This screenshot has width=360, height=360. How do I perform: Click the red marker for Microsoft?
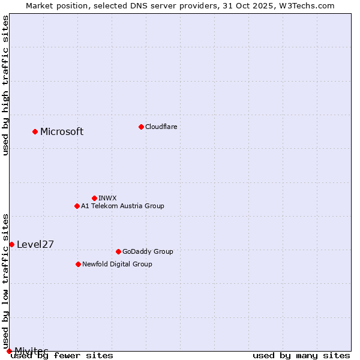[x=35, y=131]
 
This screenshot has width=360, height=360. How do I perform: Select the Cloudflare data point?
[x=141, y=127]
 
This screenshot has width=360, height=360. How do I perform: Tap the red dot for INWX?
[x=94, y=198]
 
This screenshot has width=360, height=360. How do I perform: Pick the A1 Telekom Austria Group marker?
[x=77, y=206]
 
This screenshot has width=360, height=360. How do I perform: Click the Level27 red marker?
[x=11, y=244]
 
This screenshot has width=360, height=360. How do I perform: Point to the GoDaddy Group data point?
[x=118, y=251]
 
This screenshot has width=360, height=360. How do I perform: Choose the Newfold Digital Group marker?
[x=78, y=264]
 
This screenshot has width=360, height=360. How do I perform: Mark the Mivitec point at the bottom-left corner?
[x=9, y=351]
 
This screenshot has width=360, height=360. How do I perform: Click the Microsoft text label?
[x=62, y=132]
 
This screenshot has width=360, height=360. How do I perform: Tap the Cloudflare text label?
[x=161, y=127]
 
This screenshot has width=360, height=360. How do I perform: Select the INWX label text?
[x=107, y=198]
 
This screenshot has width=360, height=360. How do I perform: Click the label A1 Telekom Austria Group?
[x=122, y=206]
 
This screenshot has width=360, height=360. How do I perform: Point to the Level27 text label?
[x=35, y=244]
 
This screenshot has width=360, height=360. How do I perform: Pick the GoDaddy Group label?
[x=148, y=251]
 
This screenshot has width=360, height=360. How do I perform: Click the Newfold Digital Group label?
[x=117, y=264]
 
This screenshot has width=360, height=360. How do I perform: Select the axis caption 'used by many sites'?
[x=301, y=355]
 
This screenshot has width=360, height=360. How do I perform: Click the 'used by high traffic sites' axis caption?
[x=5, y=85]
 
